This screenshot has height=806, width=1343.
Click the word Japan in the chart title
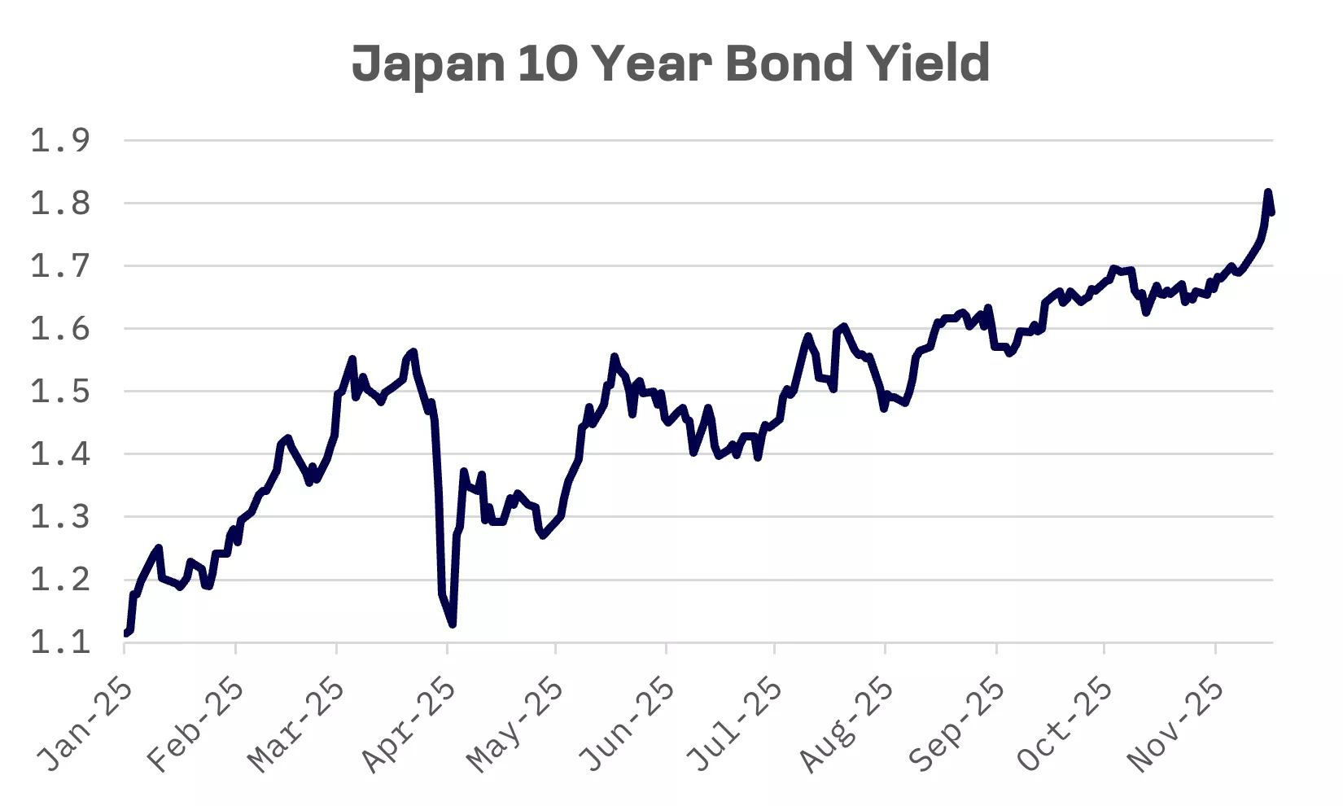pos(429,64)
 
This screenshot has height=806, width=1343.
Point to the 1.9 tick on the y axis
pos(60,141)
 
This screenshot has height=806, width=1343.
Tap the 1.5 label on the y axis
pos(60,392)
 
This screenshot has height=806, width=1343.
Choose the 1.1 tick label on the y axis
pos(60,642)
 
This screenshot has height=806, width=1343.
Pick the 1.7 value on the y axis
pos(60,266)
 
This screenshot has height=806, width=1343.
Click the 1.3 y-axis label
pos(60,517)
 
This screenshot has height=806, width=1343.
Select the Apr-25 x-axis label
pos(409,724)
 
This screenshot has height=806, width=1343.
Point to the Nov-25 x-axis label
pos(1177,724)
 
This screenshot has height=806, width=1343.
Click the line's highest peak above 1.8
pos(1268,192)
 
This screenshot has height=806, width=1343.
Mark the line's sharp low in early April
pos(453,624)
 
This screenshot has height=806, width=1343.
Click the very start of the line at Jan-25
pos(125,633)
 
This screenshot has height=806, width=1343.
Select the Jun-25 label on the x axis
pos(628,724)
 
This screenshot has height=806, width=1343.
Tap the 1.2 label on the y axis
pos(60,580)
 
